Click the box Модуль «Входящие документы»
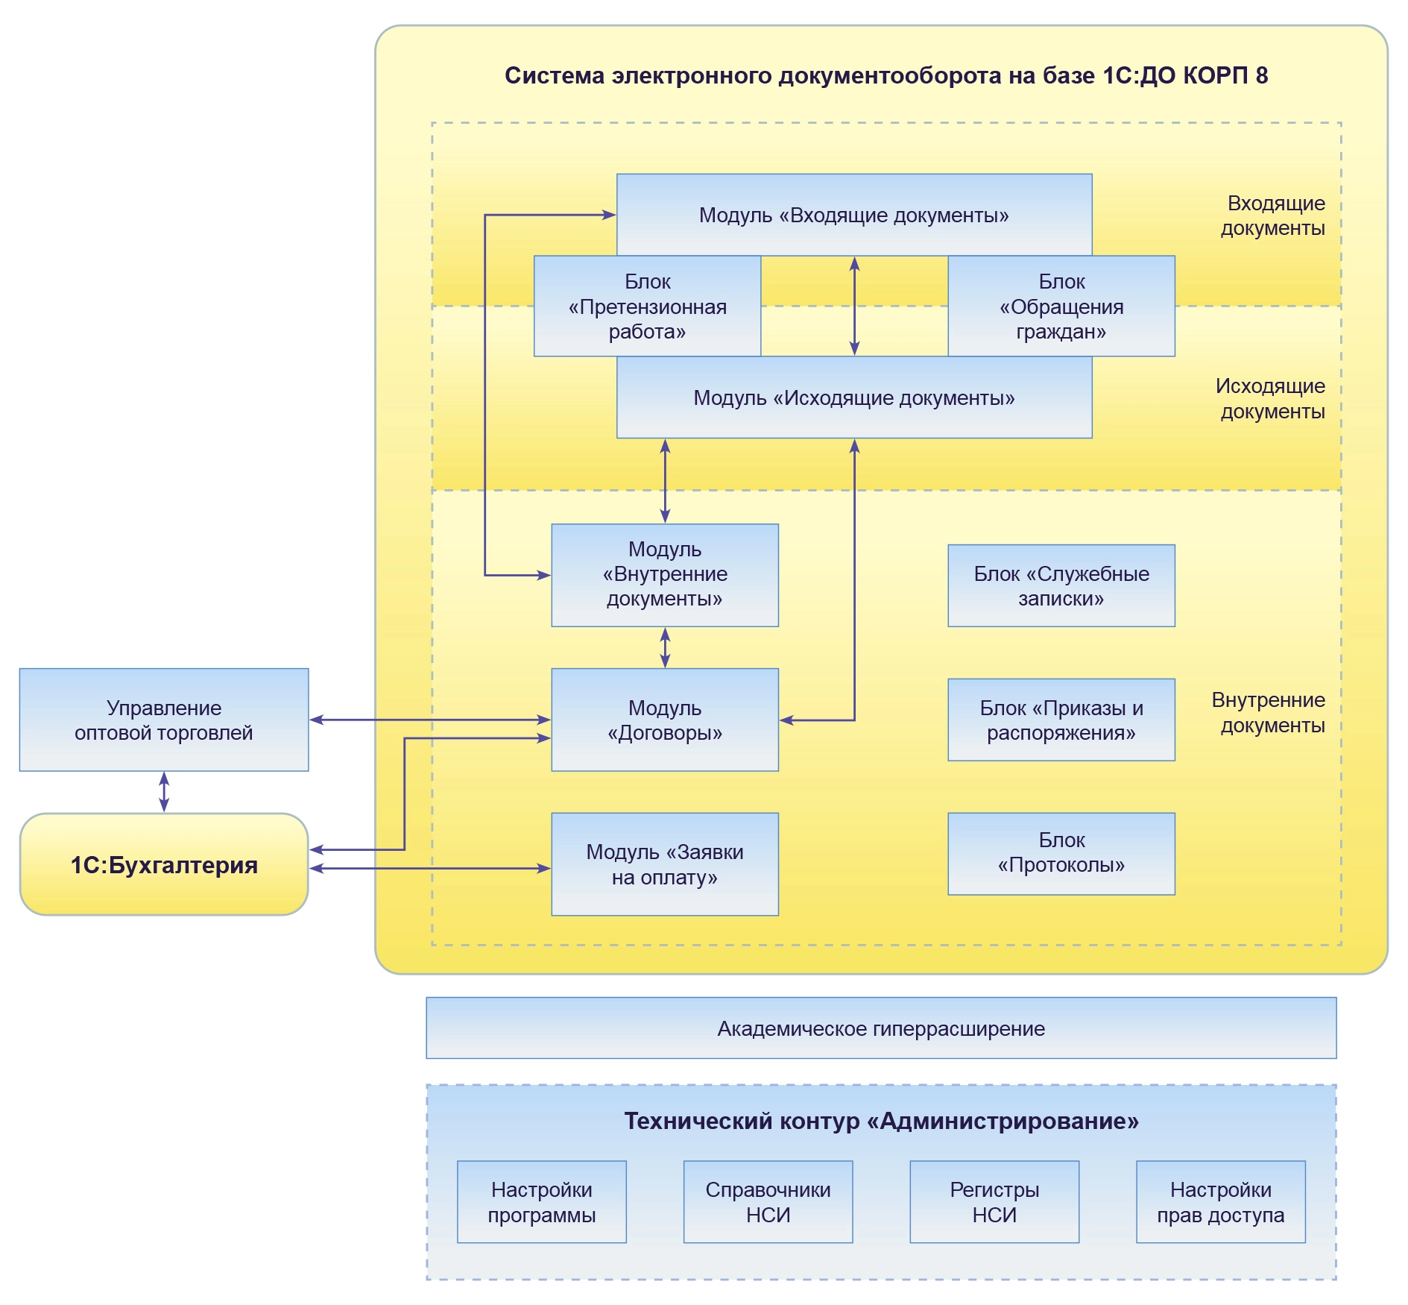853,215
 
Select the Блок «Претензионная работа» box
647,306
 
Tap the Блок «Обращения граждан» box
1061,306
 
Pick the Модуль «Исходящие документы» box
853,397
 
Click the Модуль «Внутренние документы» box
664,574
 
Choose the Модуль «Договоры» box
664,720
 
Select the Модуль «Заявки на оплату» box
664,864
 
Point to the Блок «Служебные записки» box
1061,585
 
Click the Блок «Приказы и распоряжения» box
1061,720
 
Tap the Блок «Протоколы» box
1061,853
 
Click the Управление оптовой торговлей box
164,720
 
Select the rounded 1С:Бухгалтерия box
164,864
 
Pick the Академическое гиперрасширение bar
881,1028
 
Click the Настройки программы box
541,1201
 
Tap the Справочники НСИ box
768,1201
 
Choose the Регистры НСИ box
994,1201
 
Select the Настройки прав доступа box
1220,1201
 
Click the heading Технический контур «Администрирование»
881,1121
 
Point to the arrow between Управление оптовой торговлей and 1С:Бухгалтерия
164,792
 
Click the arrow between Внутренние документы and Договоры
665,647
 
